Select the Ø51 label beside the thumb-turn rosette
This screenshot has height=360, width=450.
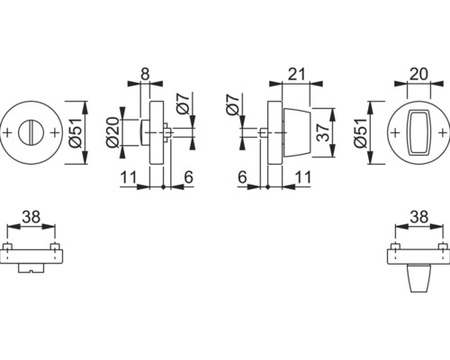click(x=365, y=132)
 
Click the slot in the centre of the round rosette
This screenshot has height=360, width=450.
click(x=35, y=133)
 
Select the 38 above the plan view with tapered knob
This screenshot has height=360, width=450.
click(x=416, y=217)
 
